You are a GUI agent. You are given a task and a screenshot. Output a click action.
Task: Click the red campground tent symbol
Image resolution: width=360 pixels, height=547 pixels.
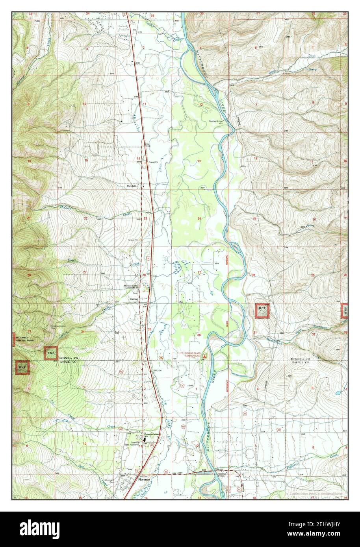pos(204,359)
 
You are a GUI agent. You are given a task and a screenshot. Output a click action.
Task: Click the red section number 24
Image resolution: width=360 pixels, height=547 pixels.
pos(199,218)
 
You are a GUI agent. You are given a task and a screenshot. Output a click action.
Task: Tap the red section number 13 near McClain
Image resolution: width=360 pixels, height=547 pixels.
pos(199,161)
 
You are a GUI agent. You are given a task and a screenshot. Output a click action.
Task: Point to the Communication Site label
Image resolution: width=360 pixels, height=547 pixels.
pos(58,327)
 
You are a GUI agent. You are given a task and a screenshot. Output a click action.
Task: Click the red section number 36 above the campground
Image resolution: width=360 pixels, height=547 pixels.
pos(199,335)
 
